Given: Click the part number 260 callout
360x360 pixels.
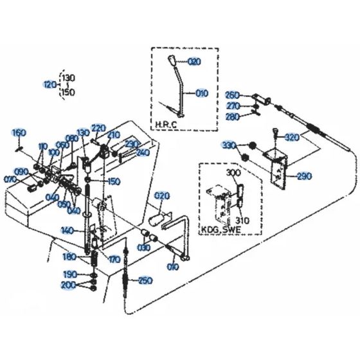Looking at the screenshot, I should [x=232, y=95].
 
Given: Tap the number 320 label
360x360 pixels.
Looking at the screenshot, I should [x=292, y=137].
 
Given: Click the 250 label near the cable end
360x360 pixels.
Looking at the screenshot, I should [x=146, y=280].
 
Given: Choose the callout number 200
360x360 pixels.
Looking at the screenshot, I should [x=67, y=285].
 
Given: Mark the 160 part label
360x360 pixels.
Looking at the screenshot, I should [x=19, y=132].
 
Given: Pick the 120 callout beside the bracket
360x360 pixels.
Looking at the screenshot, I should [x=50, y=84].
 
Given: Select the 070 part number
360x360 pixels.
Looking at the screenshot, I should [x=10, y=179].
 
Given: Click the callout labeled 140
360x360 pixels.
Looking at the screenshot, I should [x=67, y=230].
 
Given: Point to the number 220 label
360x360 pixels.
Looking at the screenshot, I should [x=98, y=127].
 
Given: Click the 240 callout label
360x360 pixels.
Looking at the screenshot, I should [x=143, y=152].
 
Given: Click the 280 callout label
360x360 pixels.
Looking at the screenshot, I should [x=232, y=116].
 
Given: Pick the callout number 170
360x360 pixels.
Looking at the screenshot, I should [x=114, y=260].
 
